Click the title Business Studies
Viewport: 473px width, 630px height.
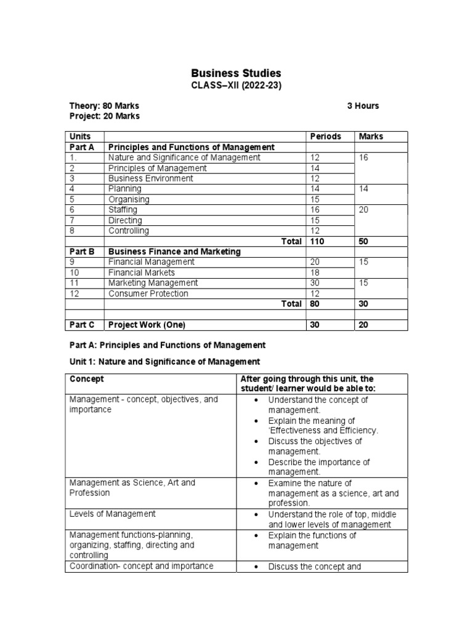pyautogui.click(x=236, y=74)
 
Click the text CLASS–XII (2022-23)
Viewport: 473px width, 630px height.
pyautogui.click(x=236, y=86)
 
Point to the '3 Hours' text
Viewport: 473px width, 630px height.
pyautogui.click(x=363, y=106)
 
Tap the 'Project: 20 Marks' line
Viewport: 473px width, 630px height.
pyautogui.click(x=104, y=116)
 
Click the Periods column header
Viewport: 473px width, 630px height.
pyautogui.click(x=325, y=137)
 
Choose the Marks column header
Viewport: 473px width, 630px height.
pyautogui.click(x=371, y=137)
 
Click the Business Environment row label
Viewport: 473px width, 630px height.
pyautogui.click(x=150, y=178)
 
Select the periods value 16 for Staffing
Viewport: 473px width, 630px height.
pyautogui.click(x=315, y=210)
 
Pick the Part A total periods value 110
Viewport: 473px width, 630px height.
pyautogui.click(x=317, y=242)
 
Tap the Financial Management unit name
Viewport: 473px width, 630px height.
pyautogui.click(x=151, y=262)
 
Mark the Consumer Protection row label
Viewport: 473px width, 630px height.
pyautogui.click(x=148, y=293)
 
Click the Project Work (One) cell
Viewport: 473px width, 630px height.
pyautogui.click(x=147, y=325)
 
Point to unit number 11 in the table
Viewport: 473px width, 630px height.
pyautogui.click(x=75, y=283)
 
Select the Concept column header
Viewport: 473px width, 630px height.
pyautogui.click(x=87, y=379)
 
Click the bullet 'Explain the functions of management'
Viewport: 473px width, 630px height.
pyautogui.click(x=312, y=540)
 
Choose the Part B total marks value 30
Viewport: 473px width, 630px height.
pyautogui.click(x=363, y=304)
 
